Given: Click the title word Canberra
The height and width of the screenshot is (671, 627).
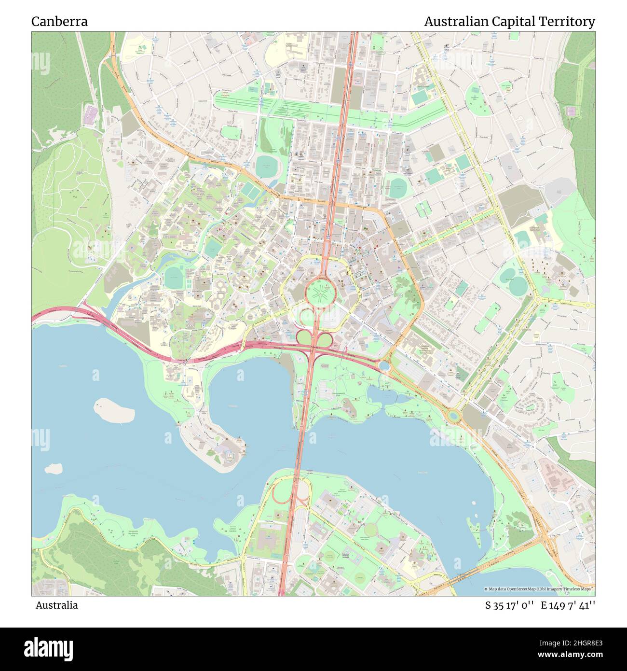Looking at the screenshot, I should pos(59,22).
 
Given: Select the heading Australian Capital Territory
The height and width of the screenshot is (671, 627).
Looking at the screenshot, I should pos(509,22).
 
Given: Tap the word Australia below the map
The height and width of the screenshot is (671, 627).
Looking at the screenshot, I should pos(56,605).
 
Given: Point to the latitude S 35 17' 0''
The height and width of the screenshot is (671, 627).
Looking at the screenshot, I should pos(509,605).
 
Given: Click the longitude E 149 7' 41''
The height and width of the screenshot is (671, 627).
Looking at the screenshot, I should pos(568,605).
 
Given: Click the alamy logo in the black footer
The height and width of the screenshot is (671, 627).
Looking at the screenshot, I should pos(48,648).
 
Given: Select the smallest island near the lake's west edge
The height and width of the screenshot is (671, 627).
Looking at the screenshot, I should pos(53,468).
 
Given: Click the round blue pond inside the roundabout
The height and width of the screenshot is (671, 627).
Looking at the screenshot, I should pos(384,366).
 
